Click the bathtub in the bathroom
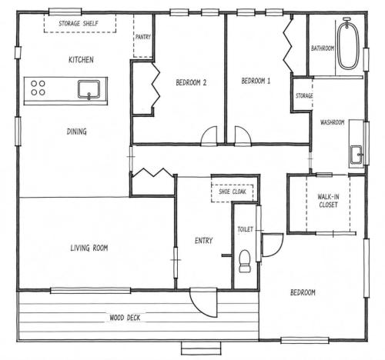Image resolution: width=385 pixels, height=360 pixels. pyautogui.click(x=348, y=43)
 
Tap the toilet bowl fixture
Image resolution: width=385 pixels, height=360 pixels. pyautogui.click(x=245, y=261)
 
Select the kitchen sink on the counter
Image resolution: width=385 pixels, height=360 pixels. pyautogui.click(x=89, y=89)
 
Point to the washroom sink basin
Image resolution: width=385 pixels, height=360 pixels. pyautogui.click(x=357, y=155)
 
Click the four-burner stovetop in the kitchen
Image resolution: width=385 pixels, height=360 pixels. pyautogui.click(x=38, y=88)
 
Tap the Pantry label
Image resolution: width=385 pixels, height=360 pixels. pyautogui.click(x=143, y=37)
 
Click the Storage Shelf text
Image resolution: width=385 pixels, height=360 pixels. pyautogui.click(x=79, y=24)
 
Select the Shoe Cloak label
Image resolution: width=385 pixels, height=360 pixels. pyautogui.click(x=233, y=192)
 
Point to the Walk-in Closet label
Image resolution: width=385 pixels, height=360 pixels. pyautogui.click(x=328, y=201)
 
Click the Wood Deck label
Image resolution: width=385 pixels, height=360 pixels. pyautogui.click(x=125, y=318)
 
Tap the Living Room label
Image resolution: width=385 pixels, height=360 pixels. pyautogui.click(x=89, y=248)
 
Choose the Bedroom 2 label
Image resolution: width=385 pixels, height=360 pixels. pyautogui.click(x=191, y=82)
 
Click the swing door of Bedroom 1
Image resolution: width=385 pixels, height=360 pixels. pyautogui.click(x=243, y=136)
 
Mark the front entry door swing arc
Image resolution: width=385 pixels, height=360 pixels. pyautogui.click(x=203, y=302)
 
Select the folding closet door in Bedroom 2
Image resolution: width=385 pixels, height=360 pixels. pyautogui.click(x=156, y=85)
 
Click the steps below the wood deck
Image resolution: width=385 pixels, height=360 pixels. pyautogui.click(x=201, y=348)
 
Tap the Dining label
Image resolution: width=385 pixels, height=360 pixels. pyautogui.click(x=76, y=132)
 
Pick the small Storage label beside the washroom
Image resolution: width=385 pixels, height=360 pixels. pyautogui.click(x=304, y=96)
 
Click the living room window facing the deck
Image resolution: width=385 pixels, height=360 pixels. pyautogui.click(x=91, y=291)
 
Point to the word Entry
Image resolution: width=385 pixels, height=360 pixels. pyautogui.click(x=203, y=241)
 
